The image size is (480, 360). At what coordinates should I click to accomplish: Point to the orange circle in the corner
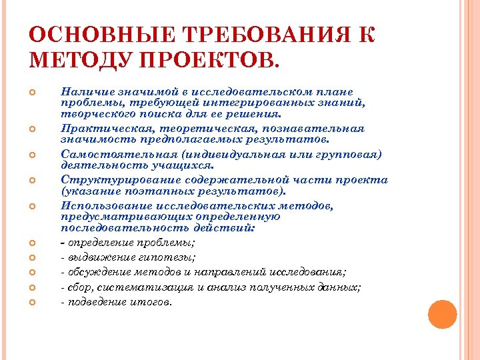click(x=442, y=315)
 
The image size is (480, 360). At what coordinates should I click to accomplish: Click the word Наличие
click(x=82, y=92)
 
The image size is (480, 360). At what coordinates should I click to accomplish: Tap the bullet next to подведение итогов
click(x=33, y=301)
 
